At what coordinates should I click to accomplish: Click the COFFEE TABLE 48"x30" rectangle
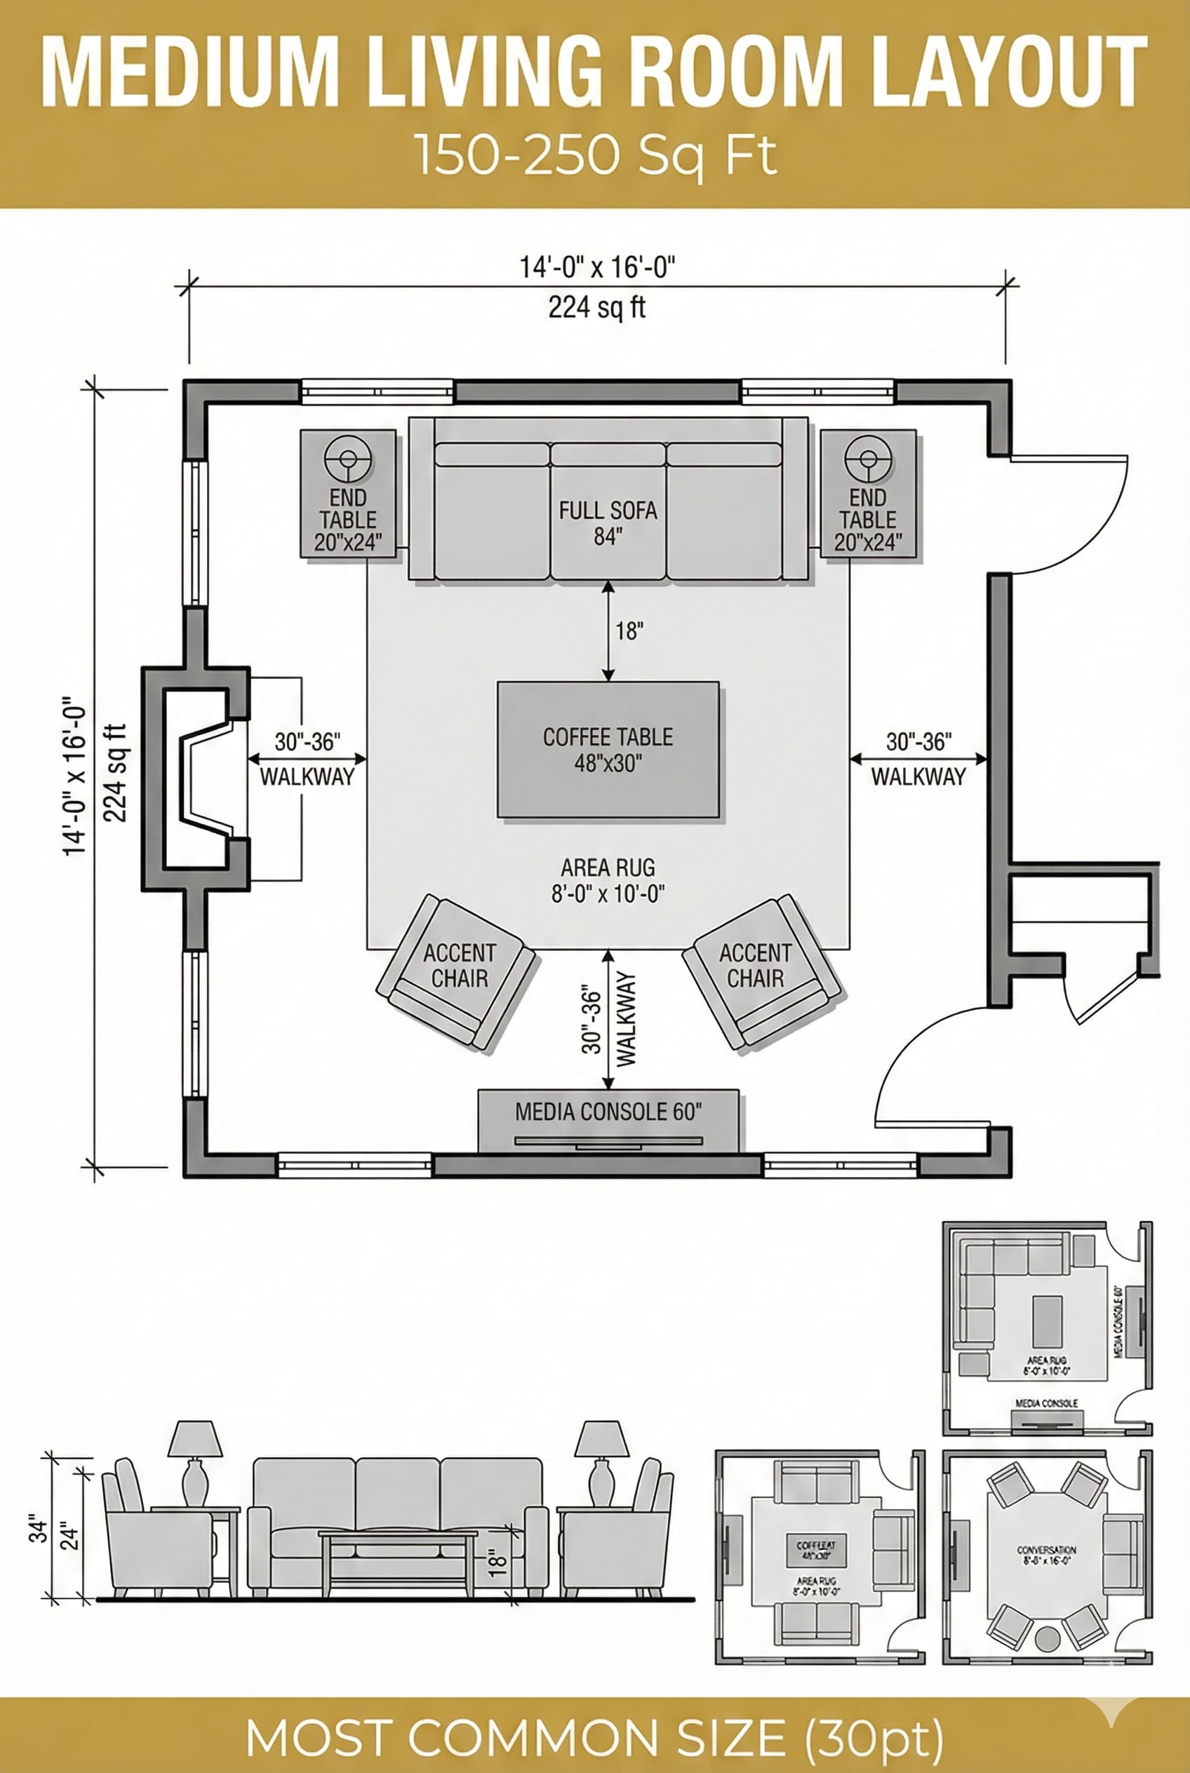608,749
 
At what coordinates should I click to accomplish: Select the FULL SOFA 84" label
608,523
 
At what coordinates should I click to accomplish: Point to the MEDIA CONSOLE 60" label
608,1112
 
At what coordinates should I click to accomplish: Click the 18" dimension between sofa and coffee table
629,631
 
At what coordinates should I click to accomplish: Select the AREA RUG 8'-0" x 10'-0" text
608,880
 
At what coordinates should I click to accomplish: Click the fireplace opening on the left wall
201,778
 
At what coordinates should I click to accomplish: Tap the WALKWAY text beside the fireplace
307,777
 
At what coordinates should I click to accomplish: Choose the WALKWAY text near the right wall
918,777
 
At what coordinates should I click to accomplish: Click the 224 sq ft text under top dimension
596,308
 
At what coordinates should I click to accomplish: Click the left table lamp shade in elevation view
195,1439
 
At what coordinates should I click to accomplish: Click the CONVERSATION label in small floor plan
1047,1550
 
